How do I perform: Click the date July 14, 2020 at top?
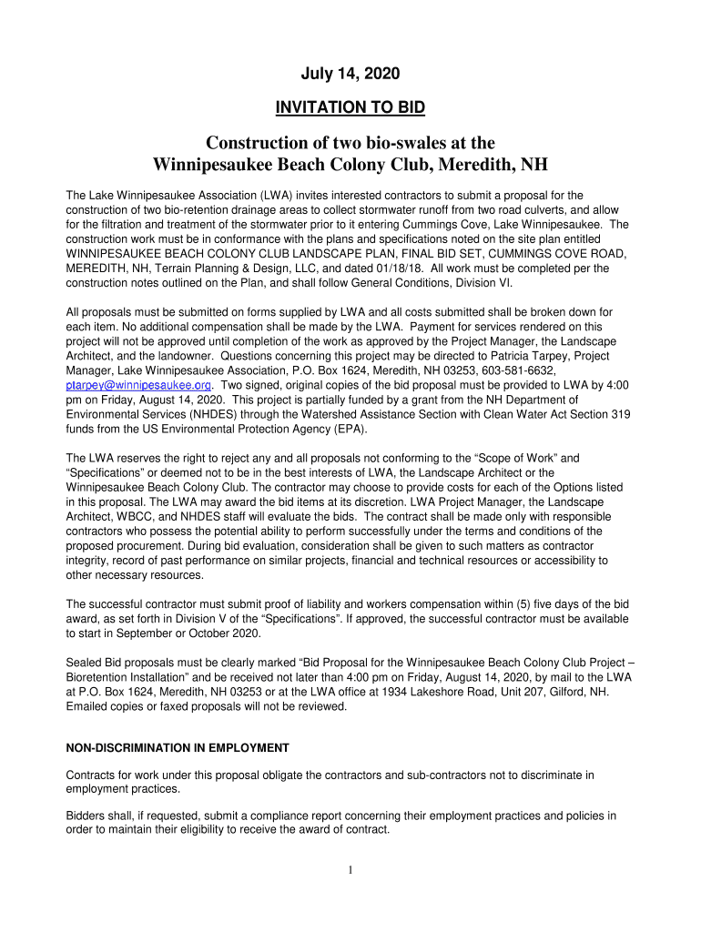pos(350,73)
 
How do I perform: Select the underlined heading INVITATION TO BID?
pos(350,109)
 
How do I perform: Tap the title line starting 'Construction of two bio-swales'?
pos(350,144)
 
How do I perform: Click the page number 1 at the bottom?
pos(350,870)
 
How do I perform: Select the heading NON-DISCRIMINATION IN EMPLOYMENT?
pos(178,748)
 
